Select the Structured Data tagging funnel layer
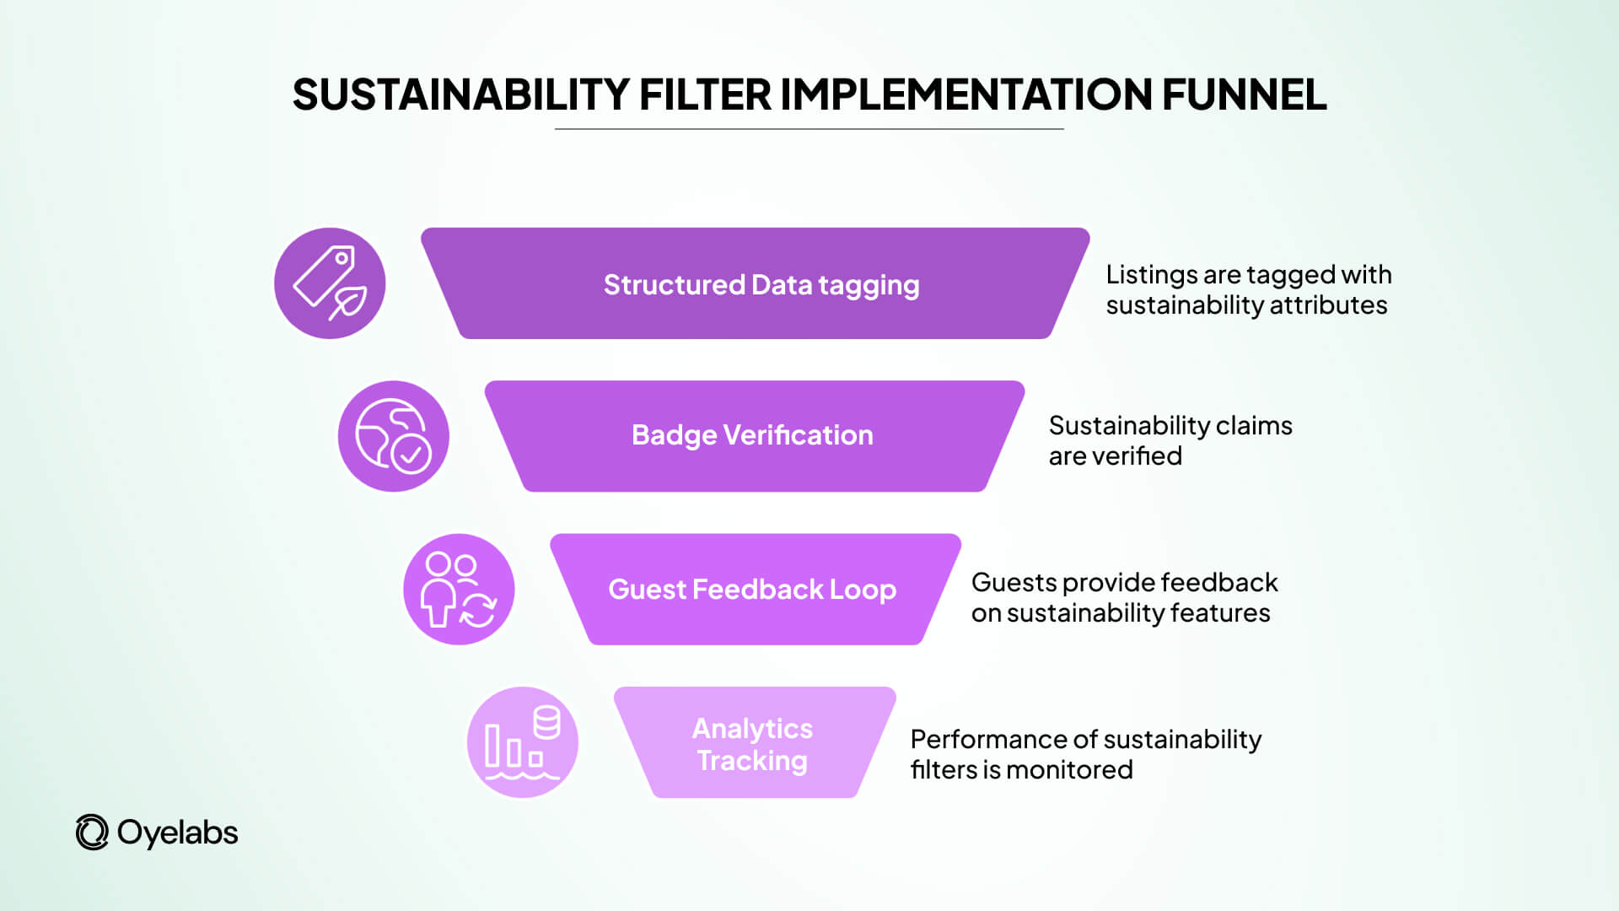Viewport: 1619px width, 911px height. click(756, 284)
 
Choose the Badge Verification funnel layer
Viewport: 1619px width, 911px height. click(754, 435)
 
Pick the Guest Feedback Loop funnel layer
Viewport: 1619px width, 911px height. click(754, 589)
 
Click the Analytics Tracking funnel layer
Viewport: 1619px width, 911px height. click(754, 743)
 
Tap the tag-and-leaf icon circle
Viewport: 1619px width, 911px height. click(330, 283)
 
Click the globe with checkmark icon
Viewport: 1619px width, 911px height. click(394, 436)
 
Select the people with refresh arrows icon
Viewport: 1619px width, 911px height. click(459, 590)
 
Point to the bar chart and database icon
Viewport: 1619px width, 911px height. click(523, 742)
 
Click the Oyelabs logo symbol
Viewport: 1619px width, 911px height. click(92, 833)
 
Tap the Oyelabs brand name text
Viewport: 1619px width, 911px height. click(178, 833)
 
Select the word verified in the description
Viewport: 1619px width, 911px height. click(1138, 456)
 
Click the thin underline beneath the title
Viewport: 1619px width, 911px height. click(809, 129)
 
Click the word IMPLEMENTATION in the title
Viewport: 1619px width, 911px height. click(966, 94)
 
